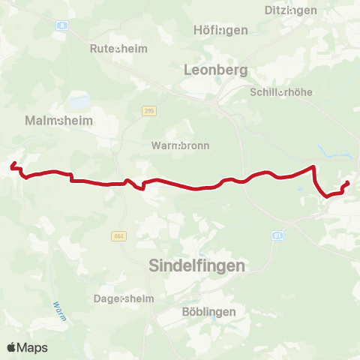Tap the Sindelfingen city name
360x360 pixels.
(x=197, y=265)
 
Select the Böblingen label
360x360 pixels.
(x=208, y=311)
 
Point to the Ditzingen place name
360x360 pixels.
(x=291, y=10)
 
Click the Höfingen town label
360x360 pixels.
(x=220, y=31)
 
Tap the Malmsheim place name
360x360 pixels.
(x=52, y=120)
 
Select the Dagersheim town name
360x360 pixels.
(x=124, y=298)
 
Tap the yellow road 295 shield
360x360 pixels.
(x=149, y=111)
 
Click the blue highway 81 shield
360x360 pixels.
(x=278, y=235)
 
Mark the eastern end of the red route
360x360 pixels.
(x=349, y=183)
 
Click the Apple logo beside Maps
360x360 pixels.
(x=11, y=347)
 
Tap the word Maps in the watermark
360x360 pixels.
(x=32, y=347)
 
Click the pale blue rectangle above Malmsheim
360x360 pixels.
(x=80, y=101)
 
